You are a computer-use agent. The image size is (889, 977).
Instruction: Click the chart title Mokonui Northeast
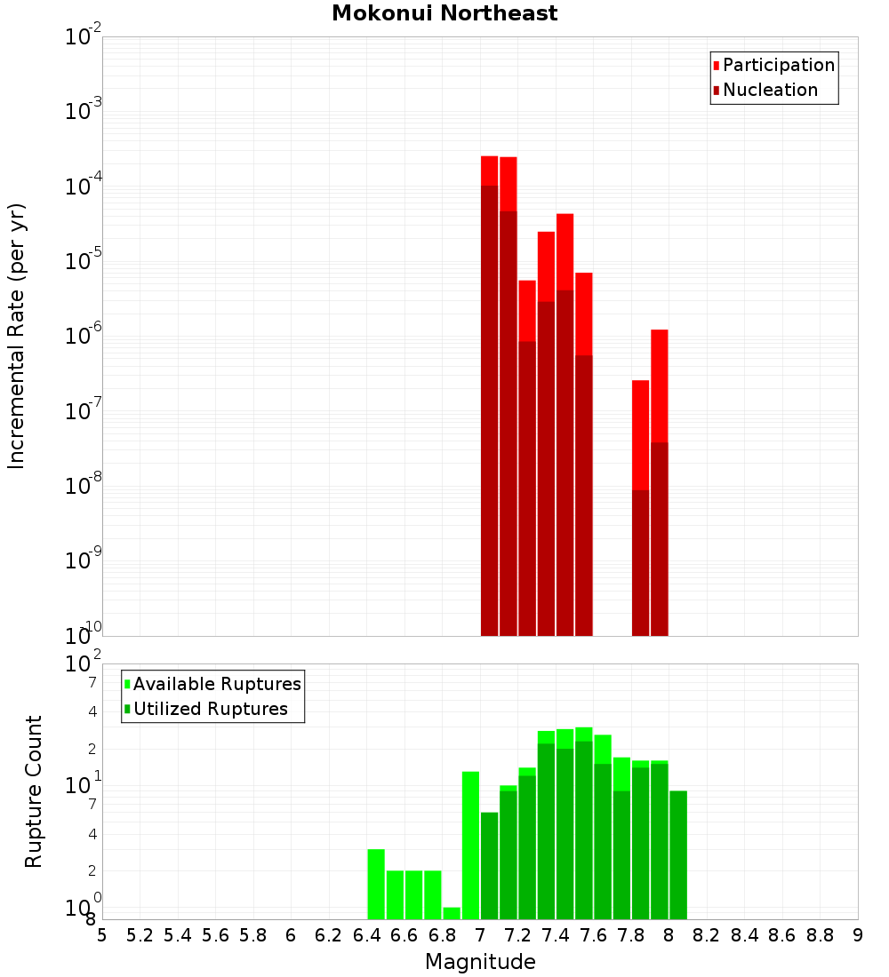tap(444, 13)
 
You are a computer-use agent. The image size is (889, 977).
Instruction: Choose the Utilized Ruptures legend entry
tap(210, 709)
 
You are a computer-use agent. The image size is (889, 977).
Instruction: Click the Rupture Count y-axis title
tap(34, 790)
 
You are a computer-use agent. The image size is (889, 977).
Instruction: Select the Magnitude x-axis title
tap(480, 962)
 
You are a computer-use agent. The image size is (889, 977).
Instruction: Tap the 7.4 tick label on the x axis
tap(556, 935)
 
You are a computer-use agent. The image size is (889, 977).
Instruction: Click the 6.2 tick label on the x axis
tap(329, 935)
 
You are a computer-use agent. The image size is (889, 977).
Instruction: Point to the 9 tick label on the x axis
tap(858, 935)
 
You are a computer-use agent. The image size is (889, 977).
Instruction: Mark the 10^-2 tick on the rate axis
tap(84, 37)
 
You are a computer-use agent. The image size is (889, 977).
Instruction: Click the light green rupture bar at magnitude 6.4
tap(376, 884)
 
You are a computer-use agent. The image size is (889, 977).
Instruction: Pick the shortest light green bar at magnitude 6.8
tap(452, 913)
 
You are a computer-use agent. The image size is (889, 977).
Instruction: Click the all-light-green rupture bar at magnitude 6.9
tap(470, 844)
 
